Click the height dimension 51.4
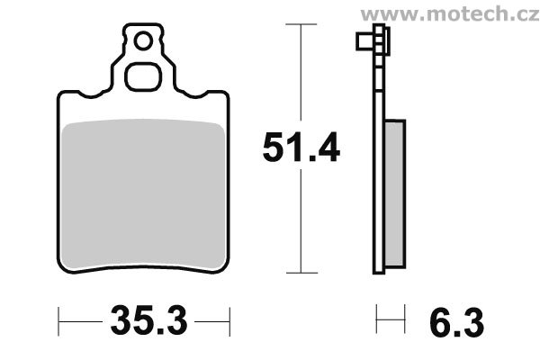coord(301,148)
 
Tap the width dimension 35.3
coord(147,319)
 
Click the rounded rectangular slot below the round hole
coord(142,76)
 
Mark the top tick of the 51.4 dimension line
coord(298,24)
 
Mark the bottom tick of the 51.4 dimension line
coord(298,272)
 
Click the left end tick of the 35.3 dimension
coord(59,319)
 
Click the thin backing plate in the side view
coord(377,162)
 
